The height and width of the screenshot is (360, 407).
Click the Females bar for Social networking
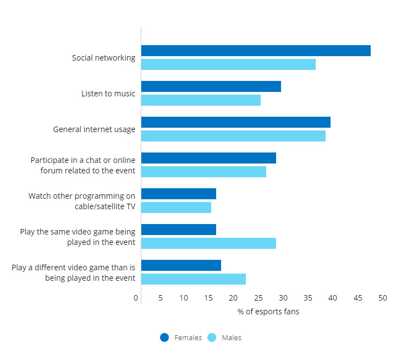point(256,51)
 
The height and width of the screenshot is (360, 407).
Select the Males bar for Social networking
point(228,64)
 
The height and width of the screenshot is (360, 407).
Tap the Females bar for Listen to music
point(211,86)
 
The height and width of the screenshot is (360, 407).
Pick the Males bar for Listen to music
point(201,100)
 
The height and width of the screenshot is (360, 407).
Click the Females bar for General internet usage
point(236,122)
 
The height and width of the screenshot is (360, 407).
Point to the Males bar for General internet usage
point(233,136)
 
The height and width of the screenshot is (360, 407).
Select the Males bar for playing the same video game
point(208,243)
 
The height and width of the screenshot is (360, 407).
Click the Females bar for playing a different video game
point(181,265)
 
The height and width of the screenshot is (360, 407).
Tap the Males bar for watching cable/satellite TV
point(176,208)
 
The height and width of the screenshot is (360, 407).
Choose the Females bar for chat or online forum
point(208,158)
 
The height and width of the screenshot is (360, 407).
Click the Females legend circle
point(164,337)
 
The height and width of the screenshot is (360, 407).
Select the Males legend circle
point(212,337)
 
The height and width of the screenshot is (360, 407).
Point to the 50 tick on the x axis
point(383,298)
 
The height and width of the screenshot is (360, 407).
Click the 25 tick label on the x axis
point(258,298)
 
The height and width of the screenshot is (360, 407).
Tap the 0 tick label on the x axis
point(136,298)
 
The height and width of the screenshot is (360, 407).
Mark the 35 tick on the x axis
point(308,298)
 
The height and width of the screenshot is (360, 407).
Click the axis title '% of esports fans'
point(268,312)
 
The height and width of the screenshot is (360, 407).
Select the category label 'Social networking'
point(103,58)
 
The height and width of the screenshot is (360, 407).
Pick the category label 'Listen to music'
point(108,94)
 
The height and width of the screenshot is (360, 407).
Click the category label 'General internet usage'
point(94,129)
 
